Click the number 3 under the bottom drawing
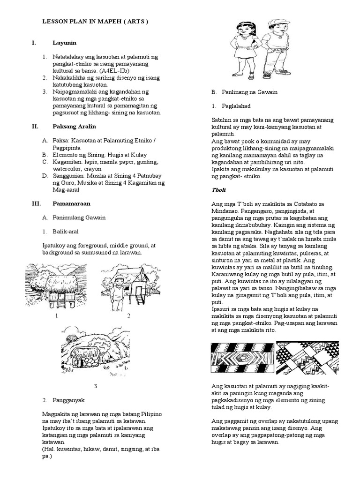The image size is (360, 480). [95, 386]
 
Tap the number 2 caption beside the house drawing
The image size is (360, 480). [128, 315]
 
